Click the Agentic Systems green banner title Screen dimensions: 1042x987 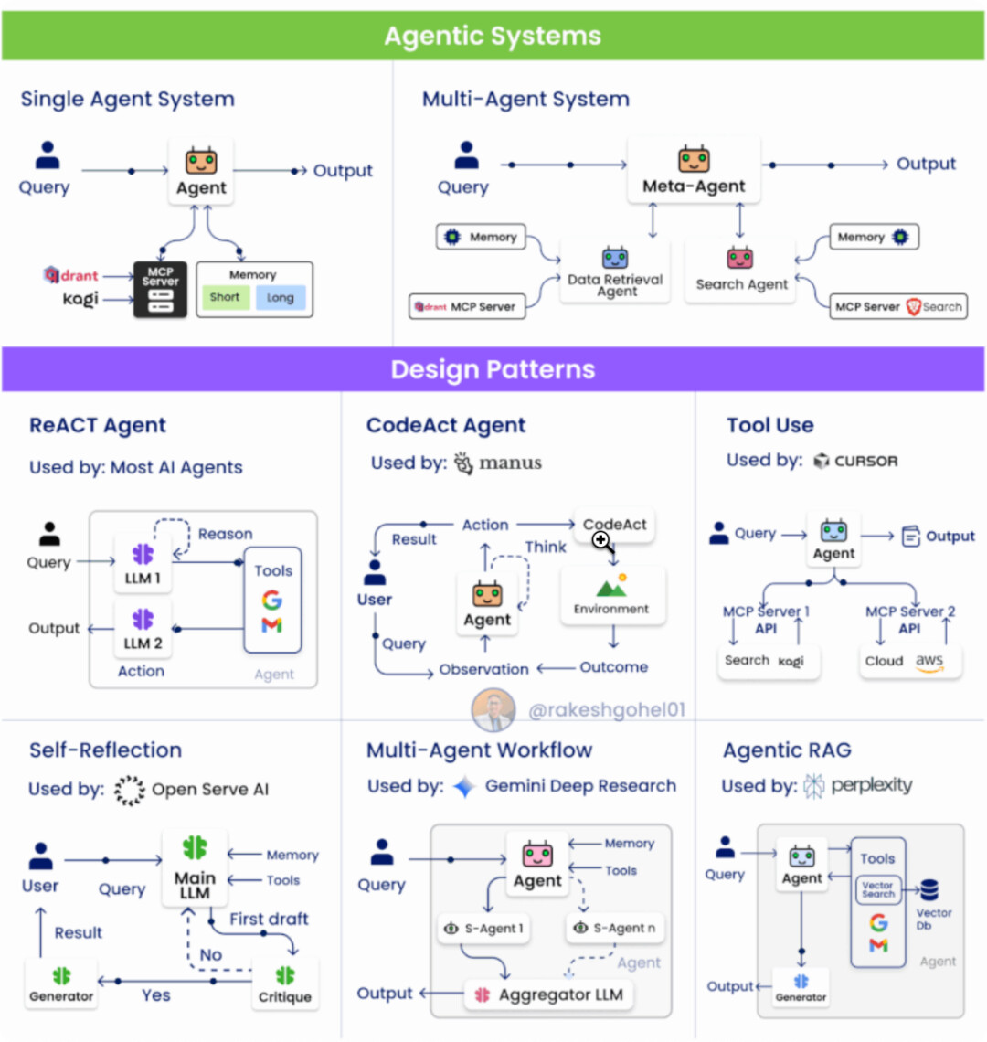click(493, 37)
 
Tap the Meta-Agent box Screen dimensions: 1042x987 click(694, 170)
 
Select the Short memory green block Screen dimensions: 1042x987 click(224, 297)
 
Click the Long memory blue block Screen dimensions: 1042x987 click(281, 297)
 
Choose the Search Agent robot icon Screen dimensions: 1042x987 click(739, 258)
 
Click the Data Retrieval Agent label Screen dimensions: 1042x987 click(616, 285)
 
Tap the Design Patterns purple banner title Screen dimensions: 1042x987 click(493, 369)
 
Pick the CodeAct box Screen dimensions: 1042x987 click(614, 525)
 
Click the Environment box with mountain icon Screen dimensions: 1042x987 click(611, 595)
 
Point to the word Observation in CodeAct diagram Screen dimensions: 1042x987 click(483, 669)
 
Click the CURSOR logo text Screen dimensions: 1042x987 click(865, 461)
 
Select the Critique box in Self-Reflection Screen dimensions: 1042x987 click(285, 984)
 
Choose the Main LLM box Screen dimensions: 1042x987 click(195, 868)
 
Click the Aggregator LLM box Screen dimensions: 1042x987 click(549, 994)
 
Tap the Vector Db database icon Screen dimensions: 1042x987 click(929, 889)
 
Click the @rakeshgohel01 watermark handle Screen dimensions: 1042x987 click(607, 709)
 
